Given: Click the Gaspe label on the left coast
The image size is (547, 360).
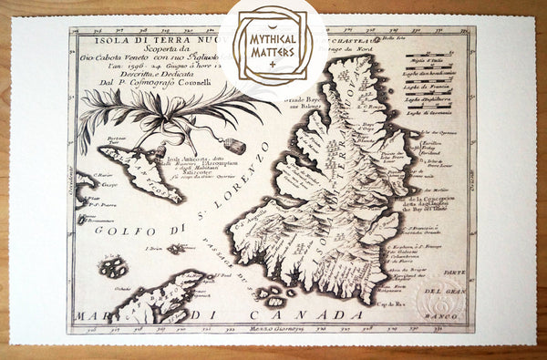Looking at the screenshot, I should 88,197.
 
